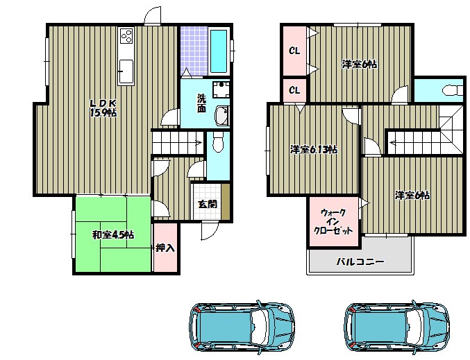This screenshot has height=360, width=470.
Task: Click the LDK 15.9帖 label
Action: point(103,108)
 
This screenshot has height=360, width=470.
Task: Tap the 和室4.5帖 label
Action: point(112,235)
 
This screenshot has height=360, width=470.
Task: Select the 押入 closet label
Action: point(165,248)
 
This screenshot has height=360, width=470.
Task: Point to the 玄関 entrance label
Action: point(208,204)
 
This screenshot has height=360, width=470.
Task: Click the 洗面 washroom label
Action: point(201,103)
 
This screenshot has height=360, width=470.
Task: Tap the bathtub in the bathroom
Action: point(219,51)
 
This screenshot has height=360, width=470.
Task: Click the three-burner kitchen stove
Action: point(126,36)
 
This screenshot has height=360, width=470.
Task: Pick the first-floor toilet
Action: point(218,142)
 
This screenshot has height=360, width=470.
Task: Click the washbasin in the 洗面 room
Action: point(221,116)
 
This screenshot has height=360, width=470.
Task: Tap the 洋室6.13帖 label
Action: point(314,149)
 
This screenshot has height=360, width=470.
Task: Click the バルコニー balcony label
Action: point(360,262)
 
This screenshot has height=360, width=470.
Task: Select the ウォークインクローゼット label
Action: point(333,222)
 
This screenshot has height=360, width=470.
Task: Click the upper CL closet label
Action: point(294,51)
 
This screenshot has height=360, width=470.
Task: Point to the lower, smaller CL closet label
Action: point(294,90)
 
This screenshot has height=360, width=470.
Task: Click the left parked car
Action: point(242,327)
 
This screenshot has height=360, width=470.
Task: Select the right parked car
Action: point(397,327)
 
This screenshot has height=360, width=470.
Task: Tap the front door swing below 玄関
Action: point(210,231)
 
